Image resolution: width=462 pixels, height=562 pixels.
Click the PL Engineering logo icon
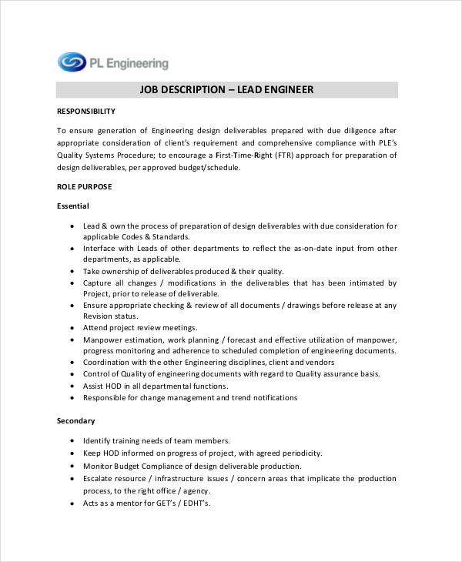click(72, 62)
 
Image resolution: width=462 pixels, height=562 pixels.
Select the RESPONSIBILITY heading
click(86, 112)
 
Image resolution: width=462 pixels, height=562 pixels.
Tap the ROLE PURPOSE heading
click(85, 186)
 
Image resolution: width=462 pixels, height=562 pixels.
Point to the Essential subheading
click(73, 206)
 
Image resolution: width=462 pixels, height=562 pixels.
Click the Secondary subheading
click(75, 421)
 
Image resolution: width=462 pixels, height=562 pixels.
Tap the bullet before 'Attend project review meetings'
click(72, 328)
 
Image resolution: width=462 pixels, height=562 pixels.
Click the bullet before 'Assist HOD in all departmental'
click(72, 386)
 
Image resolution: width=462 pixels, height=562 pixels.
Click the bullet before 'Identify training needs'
click(72, 441)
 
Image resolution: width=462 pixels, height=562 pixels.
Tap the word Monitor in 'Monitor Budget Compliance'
click(99, 466)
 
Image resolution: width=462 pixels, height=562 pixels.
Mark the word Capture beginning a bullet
click(99, 283)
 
